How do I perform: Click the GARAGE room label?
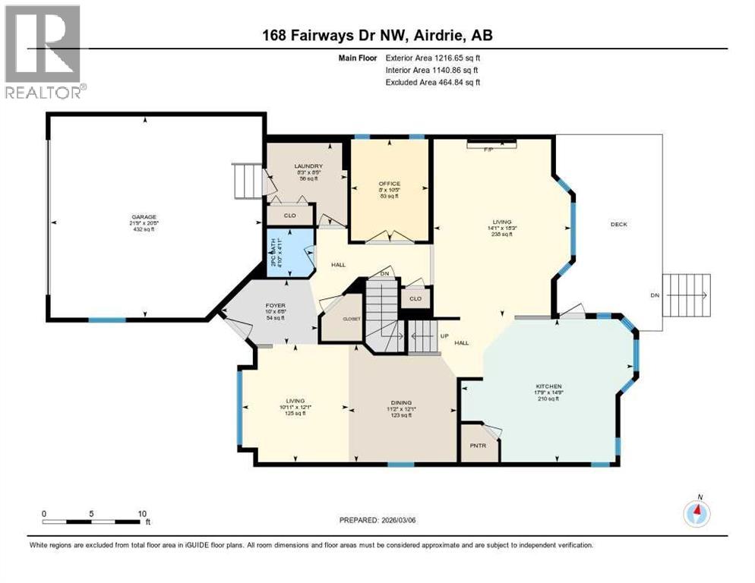click(144, 217)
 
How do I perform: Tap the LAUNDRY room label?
click(309, 166)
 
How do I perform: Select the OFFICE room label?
click(389, 184)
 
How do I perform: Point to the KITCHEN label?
click(552, 386)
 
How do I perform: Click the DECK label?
click(618, 224)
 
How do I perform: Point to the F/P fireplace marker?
click(491, 149)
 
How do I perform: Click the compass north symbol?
click(697, 512)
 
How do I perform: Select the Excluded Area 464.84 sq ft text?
click(433, 82)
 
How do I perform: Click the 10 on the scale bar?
click(141, 514)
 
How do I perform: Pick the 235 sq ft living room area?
click(502, 234)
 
